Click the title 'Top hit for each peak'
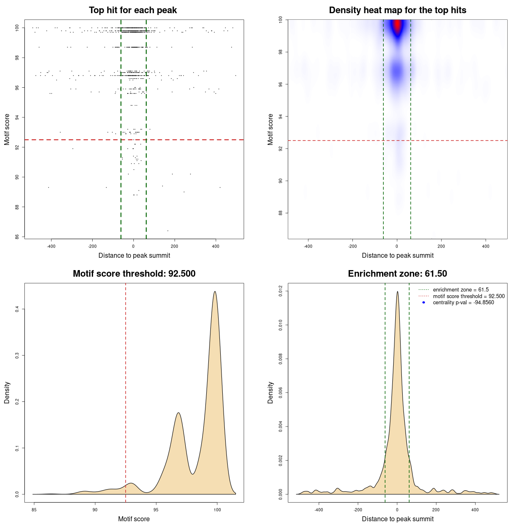click(133, 10)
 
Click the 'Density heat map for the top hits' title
click(397, 10)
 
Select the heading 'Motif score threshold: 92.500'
click(134, 274)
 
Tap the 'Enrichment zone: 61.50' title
click(397, 274)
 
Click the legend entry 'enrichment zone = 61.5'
click(461, 290)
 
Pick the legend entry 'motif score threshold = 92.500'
click(469, 296)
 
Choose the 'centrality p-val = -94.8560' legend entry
click(463, 303)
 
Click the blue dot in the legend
click(424, 303)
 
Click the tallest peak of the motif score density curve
click(215, 291)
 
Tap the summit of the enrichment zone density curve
click(397, 291)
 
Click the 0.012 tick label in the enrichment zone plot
click(280, 291)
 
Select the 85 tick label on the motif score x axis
click(34, 510)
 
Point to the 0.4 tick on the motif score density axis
click(17, 309)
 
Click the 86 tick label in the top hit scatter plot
click(17, 237)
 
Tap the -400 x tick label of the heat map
click(308, 246)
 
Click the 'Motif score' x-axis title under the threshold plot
click(134, 519)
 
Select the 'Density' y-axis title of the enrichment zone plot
click(270, 392)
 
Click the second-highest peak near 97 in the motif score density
click(178, 413)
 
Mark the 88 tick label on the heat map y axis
click(280, 213)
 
